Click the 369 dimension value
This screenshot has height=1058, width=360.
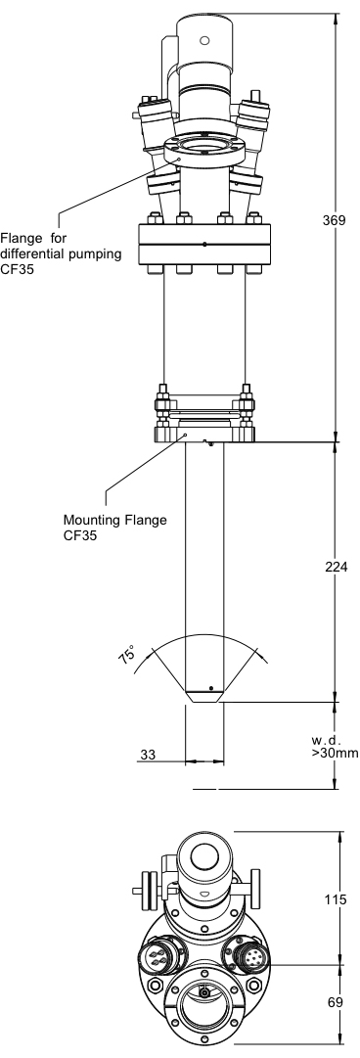[334, 220]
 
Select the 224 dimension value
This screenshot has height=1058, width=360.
[336, 567]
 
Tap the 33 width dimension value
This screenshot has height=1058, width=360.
[147, 755]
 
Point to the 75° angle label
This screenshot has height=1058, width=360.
[127, 655]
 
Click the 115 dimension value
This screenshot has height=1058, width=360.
[336, 899]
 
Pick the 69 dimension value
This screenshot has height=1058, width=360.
[336, 1002]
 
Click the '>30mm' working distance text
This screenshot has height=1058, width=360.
[336, 753]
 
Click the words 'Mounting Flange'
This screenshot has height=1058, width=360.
[114, 521]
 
